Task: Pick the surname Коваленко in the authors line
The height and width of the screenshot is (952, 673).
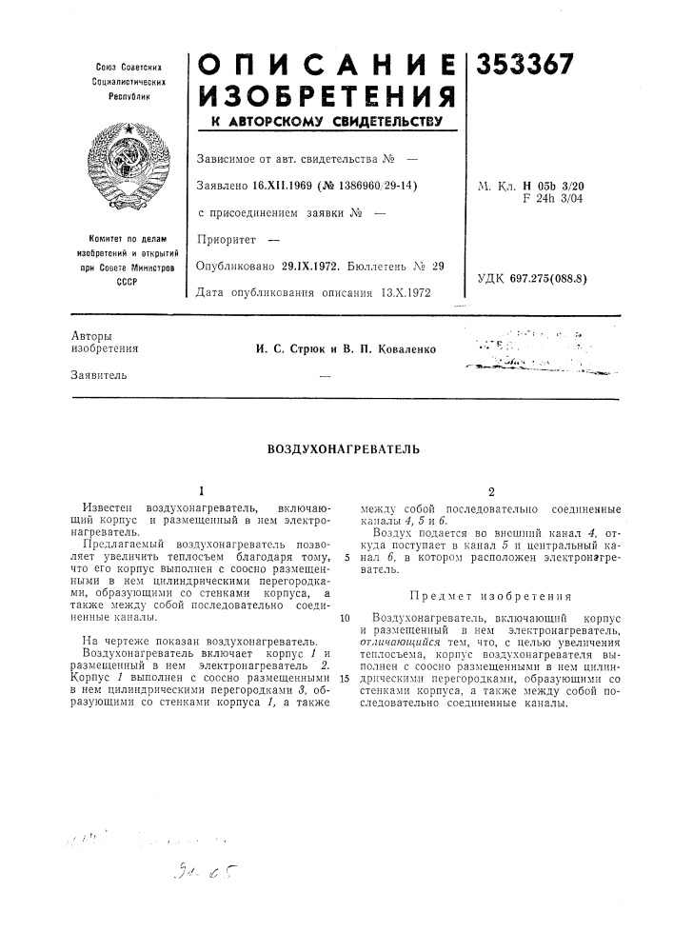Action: click(400, 349)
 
